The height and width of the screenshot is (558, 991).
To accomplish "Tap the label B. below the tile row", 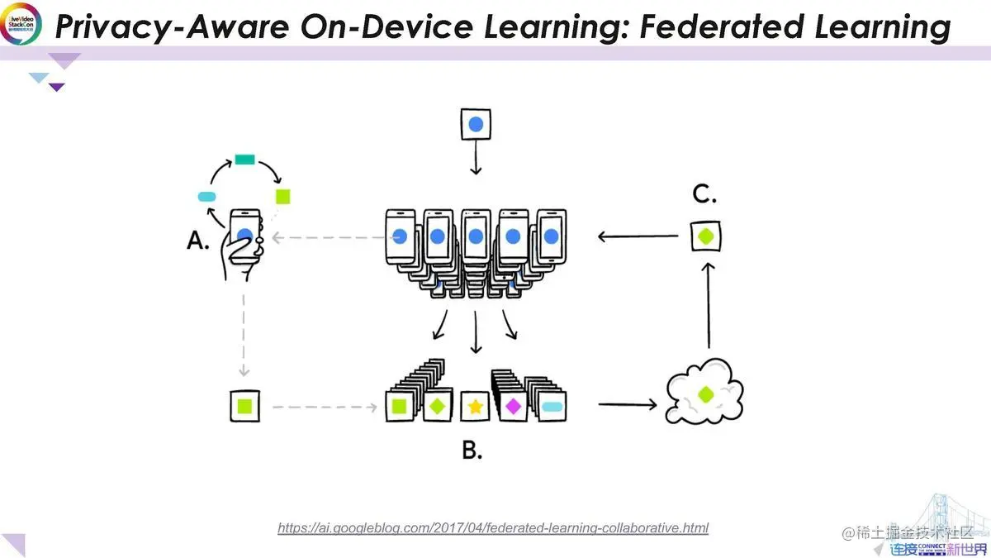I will coord(472,451).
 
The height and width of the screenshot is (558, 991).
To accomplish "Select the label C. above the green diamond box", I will coord(704,195).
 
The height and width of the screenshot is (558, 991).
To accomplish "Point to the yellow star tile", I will coord(476,406).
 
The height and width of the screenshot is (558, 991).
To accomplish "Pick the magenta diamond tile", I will coord(513,406).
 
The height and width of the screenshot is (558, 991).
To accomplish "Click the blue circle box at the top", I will coord(476,126).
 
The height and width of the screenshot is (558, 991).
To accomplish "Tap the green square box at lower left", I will coord(244,406).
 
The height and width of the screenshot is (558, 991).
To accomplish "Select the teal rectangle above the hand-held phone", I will coord(244,160).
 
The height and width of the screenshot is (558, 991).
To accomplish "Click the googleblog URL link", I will coord(493,527).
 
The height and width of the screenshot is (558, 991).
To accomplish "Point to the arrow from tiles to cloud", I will coord(627,405).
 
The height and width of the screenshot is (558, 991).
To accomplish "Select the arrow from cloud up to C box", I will coord(708,305).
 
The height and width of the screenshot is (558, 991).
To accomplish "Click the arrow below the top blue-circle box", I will coord(476,160).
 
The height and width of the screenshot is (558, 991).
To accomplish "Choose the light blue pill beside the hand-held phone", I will coord(206,197).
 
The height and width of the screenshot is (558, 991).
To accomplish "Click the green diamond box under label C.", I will coord(706,236).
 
